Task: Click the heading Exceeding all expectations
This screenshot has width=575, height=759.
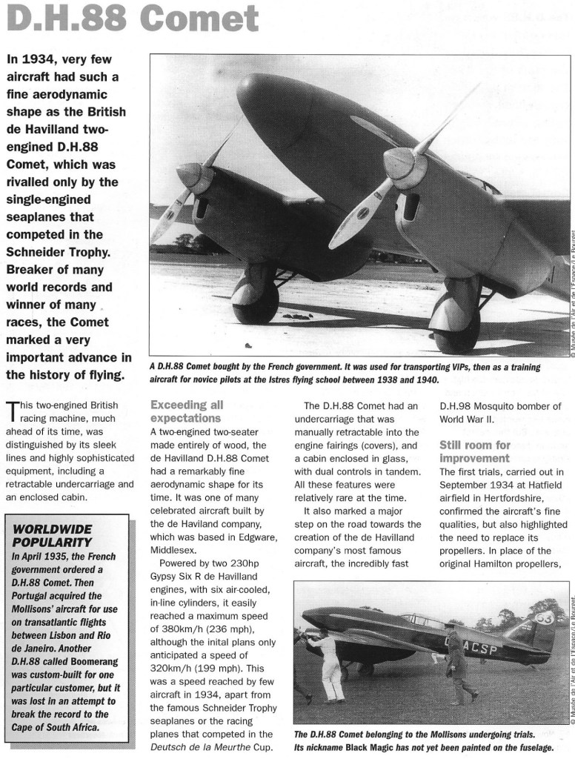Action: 186,412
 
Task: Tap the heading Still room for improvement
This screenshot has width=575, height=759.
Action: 474,451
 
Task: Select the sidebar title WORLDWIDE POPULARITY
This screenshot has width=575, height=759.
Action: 50,537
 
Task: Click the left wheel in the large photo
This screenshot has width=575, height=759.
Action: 256,296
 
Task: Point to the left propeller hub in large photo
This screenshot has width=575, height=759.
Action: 190,176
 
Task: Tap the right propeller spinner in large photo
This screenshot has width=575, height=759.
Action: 403,164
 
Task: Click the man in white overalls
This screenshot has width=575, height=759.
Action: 329,663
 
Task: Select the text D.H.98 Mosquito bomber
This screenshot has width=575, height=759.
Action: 499,405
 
